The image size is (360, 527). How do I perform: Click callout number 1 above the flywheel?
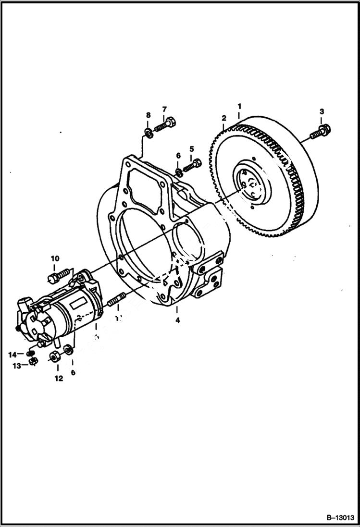pyautogui.click(x=239, y=106)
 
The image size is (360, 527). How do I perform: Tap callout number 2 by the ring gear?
pyautogui.click(x=223, y=118)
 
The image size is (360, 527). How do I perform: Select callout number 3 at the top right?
pyautogui.click(x=322, y=111)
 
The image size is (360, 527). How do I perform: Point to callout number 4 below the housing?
pyautogui.click(x=177, y=320)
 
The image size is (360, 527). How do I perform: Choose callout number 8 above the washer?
pyautogui.click(x=148, y=115)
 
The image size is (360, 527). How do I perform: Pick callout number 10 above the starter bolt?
pyautogui.click(x=54, y=259)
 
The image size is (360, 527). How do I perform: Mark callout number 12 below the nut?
pyautogui.click(x=58, y=378)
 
